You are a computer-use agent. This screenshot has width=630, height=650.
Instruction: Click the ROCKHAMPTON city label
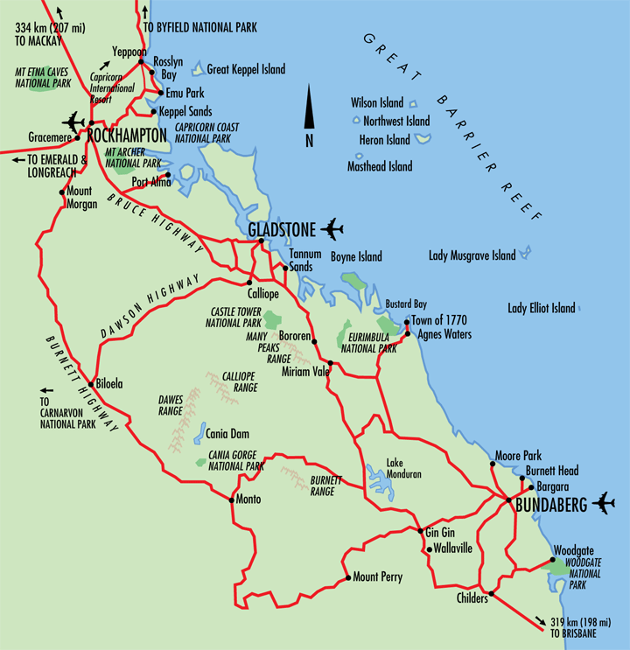click(127, 136)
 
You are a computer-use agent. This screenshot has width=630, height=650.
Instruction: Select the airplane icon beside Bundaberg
click(604, 503)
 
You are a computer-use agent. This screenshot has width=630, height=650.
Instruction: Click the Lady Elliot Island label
click(542, 308)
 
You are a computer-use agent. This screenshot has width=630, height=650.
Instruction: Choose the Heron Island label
click(384, 140)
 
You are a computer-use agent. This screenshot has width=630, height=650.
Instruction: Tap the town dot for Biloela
click(90, 383)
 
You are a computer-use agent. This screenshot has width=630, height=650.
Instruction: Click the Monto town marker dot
click(231, 500)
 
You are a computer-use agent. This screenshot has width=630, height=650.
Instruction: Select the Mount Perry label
click(377, 577)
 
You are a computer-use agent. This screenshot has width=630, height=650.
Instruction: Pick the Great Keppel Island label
click(246, 69)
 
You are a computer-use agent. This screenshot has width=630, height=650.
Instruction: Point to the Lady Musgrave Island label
click(472, 256)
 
